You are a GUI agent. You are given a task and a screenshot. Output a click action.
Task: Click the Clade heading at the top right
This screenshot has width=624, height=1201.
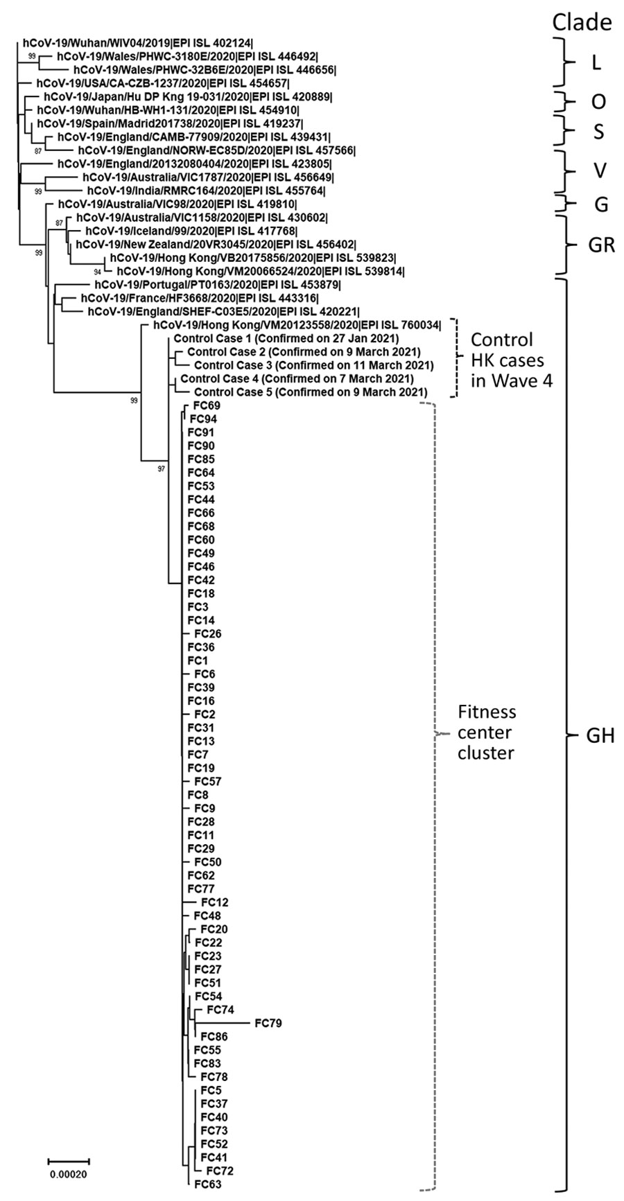click(x=582, y=22)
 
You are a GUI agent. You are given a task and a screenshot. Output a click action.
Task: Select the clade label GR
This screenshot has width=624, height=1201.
click(x=600, y=245)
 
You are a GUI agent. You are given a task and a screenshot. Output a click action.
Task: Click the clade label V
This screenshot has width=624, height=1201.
click(x=597, y=170)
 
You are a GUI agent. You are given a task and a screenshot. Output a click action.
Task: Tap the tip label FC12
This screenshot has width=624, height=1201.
click(x=214, y=902)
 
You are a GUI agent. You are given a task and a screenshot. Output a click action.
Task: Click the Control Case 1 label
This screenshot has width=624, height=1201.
click(x=286, y=339)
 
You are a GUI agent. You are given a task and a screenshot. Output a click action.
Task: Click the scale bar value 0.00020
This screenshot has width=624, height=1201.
click(x=68, y=1174)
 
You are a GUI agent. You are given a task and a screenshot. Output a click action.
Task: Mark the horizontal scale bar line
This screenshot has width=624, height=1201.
click(x=69, y=1160)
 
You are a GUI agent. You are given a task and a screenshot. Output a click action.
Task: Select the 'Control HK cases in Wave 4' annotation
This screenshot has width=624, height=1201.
click(x=512, y=360)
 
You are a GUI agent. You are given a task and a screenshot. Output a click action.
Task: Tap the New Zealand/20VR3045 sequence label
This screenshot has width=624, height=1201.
click(x=216, y=245)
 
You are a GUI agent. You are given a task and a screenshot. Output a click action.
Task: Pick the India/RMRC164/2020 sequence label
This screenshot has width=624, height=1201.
click(x=205, y=190)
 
